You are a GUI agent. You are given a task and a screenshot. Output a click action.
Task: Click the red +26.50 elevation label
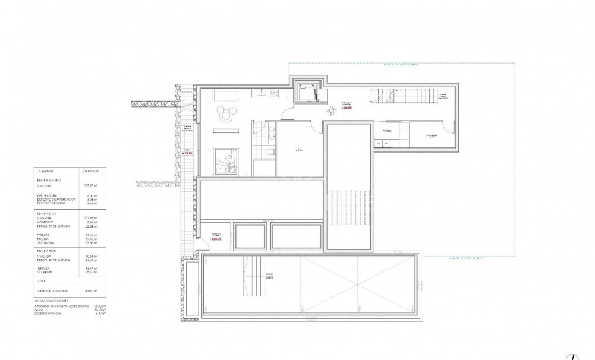click(347, 109)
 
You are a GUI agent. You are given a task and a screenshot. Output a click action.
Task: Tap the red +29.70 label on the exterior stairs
click(187, 153)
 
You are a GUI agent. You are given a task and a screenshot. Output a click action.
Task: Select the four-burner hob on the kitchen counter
click(274, 92)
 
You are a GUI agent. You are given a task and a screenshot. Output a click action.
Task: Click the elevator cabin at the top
click(308, 92)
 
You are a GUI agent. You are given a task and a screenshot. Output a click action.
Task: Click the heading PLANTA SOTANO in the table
click(49, 179)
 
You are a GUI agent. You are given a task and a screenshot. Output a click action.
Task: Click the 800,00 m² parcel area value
click(90, 291)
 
